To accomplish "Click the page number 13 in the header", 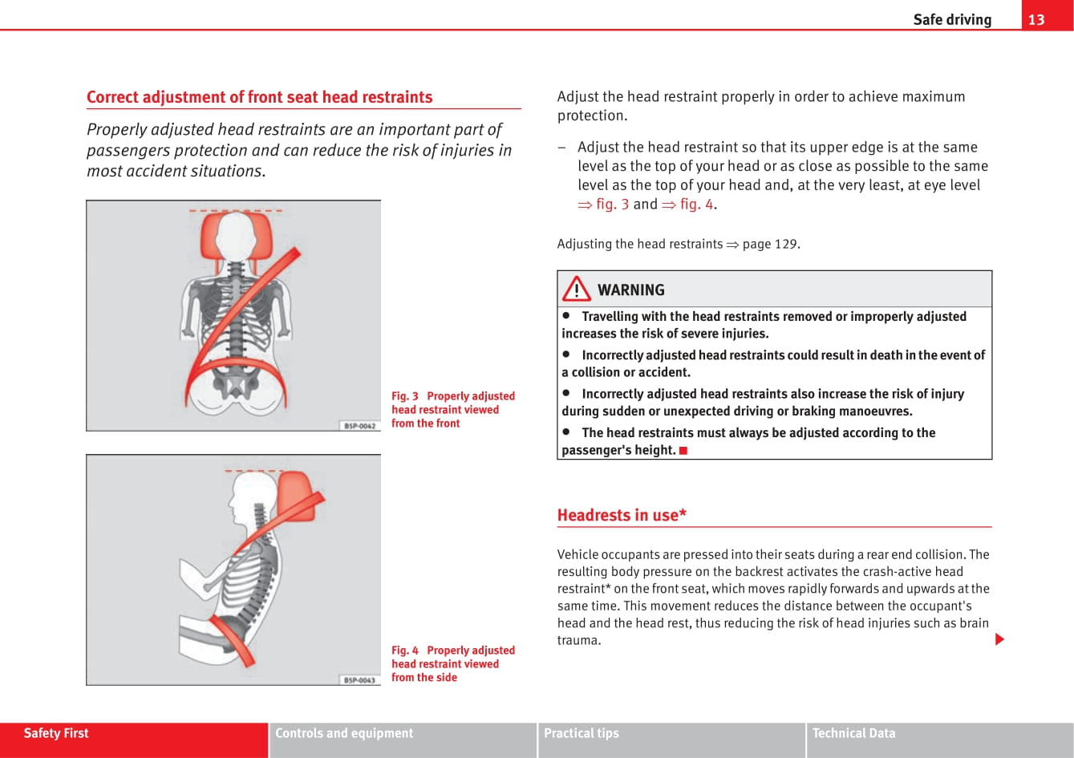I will click(x=1036, y=19).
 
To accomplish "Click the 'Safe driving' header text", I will click(x=952, y=19).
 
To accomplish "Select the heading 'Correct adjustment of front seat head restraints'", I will click(x=259, y=97).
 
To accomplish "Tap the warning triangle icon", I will click(x=576, y=289).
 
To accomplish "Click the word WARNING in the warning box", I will click(x=630, y=290).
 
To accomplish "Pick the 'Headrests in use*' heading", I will click(x=622, y=515).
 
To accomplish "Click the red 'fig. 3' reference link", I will click(x=604, y=204).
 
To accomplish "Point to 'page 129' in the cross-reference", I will click(x=770, y=244).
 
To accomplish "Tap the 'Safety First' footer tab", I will click(x=56, y=733).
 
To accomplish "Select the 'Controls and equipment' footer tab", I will click(x=344, y=733).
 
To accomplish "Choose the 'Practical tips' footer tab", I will click(x=582, y=733).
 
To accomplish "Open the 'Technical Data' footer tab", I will click(x=853, y=733).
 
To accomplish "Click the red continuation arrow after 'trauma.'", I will click(x=999, y=639).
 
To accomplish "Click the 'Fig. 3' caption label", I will click(x=405, y=396).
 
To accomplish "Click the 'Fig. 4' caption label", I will click(x=405, y=651).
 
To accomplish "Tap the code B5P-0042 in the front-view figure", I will click(x=359, y=425).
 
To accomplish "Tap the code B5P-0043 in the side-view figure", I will click(x=359, y=679).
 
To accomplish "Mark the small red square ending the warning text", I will click(x=683, y=451).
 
